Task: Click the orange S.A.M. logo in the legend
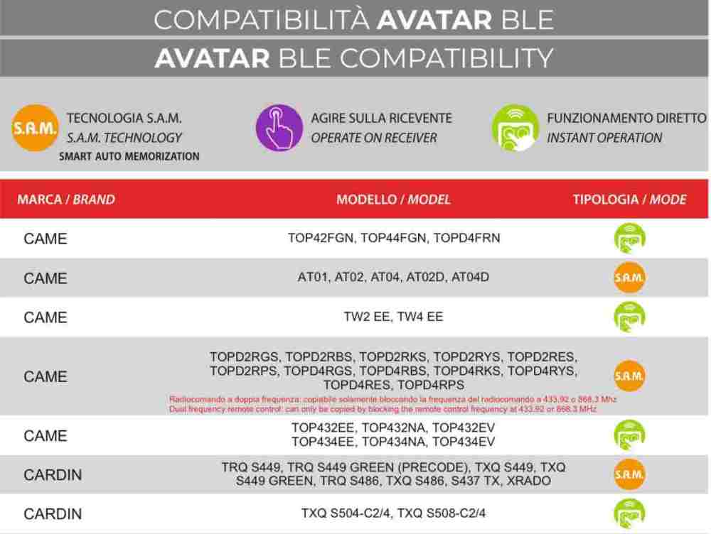pos(34,127)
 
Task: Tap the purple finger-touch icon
pos(279,127)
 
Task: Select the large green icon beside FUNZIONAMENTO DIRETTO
pos(515,127)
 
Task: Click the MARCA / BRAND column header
pos(65,200)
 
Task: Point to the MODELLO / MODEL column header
pos(393,200)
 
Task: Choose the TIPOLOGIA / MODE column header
pos(629,200)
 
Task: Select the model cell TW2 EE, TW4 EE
pos(393,317)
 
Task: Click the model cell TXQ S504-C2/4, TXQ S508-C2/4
pos(393,513)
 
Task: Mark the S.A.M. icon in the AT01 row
pos(629,278)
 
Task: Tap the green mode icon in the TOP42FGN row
pos(629,239)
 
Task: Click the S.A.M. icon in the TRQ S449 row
pos(629,474)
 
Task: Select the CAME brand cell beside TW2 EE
pos(46,317)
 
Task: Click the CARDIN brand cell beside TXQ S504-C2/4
pos(53,513)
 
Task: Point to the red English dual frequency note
pos(383,409)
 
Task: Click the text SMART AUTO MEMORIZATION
pos(129,156)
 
